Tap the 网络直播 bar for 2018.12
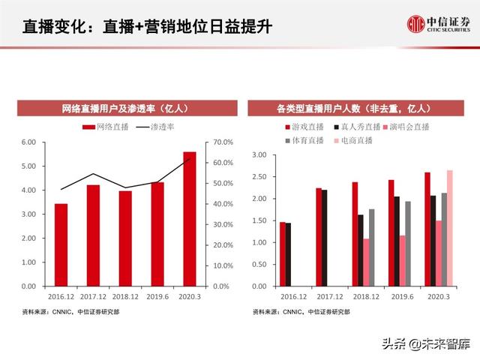(x=125, y=238)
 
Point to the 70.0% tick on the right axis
(x=223, y=142)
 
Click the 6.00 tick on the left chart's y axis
(x=28, y=142)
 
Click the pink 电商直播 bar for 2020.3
(x=449, y=228)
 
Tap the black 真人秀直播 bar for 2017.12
(x=324, y=238)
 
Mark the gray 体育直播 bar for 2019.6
(x=408, y=244)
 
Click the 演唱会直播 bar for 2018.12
(x=367, y=262)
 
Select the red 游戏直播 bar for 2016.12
(x=282, y=254)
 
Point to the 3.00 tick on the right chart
(x=260, y=155)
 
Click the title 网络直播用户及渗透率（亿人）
(x=125, y=108)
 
